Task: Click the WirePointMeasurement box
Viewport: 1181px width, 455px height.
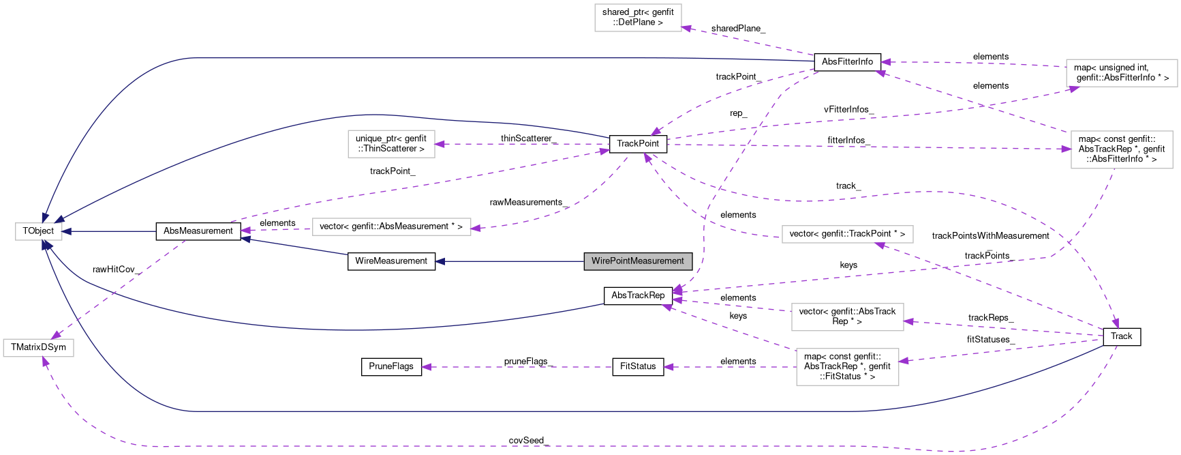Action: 638,261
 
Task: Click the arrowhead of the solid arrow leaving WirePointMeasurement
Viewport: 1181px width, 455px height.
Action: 440,261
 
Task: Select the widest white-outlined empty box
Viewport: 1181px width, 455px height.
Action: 391,227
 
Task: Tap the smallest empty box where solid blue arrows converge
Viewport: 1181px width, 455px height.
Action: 39,232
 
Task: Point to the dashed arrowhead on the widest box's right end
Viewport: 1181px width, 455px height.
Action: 476,228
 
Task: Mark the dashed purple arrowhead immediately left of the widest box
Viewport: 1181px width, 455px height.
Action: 245,231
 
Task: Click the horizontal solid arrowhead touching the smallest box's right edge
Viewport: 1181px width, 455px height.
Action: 67,232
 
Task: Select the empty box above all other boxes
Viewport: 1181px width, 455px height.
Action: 638,18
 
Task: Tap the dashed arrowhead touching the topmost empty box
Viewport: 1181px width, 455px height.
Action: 687,28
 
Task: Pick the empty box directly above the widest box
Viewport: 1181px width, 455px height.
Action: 391,144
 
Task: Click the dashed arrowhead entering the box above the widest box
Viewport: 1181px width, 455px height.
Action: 440,144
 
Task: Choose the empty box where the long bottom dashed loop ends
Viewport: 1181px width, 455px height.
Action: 38,348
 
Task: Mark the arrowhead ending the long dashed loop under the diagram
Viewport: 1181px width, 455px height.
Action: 45,362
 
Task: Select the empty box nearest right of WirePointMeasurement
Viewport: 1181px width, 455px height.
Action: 847,235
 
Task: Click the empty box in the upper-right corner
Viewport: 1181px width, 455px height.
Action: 1122,73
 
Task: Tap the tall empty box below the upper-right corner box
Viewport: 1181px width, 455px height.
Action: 1122,149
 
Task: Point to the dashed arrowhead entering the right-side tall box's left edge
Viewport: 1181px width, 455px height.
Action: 1066,149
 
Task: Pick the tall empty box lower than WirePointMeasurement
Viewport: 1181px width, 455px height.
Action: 847,367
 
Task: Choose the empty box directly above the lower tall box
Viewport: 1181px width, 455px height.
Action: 847,317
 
